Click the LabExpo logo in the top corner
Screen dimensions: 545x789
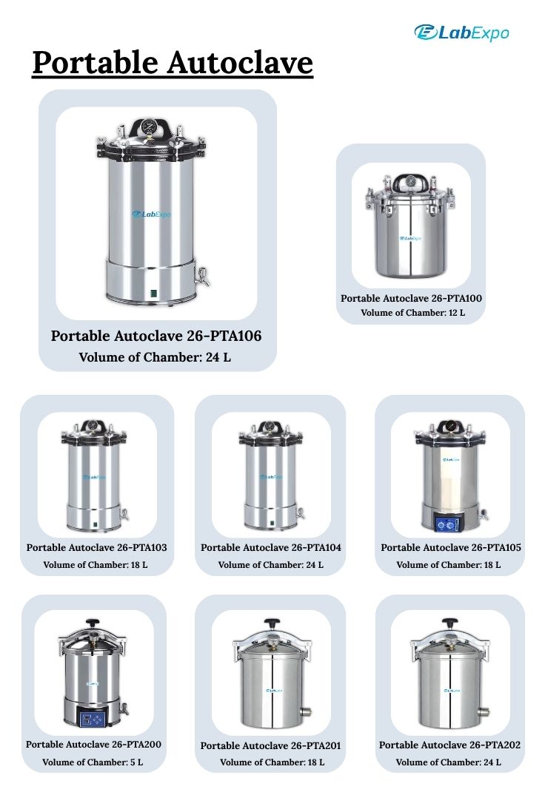point(461,33)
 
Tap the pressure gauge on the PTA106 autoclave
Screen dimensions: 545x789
point(150,126)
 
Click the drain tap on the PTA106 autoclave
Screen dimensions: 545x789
point(202,277)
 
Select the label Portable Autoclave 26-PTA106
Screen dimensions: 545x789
point(156,336)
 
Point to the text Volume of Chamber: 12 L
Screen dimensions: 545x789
point(413,313)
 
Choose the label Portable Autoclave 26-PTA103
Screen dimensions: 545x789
point(97,547)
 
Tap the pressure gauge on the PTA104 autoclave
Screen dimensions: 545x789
point(271,426)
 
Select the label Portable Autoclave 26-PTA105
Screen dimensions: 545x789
point(451,547)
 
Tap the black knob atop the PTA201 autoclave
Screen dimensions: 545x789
point(272,623)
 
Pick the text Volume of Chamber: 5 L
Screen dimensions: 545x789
point(93,762)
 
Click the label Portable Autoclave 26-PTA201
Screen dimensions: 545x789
point(270,745)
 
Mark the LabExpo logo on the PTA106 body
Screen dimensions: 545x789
point(151,214)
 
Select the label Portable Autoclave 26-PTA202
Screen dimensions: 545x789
point(449,745)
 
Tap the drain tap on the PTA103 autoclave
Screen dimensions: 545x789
point(124,514)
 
